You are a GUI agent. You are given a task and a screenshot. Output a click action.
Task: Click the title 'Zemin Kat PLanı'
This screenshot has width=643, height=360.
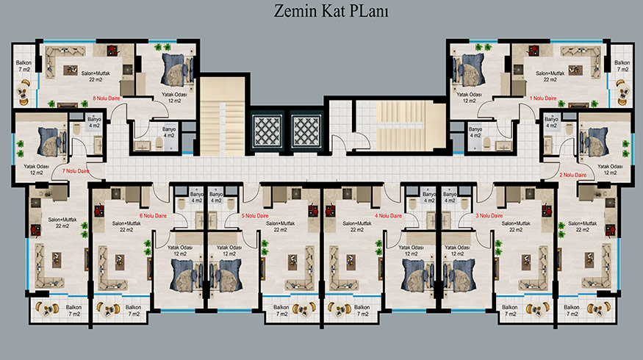click(x=331, y=11)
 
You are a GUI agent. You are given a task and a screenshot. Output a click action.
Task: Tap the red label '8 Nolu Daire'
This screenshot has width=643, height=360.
click(x=107, y=98)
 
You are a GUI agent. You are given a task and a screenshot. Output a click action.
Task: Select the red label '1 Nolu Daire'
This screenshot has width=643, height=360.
click(x=543, y=98)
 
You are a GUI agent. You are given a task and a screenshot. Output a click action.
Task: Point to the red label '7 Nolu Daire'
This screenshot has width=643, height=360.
click(x=76, y=171)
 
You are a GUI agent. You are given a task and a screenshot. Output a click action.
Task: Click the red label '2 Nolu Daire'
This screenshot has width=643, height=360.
click(x=573, y=175)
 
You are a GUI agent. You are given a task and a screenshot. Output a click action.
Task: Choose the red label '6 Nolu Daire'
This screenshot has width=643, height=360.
click(x=153, y=216)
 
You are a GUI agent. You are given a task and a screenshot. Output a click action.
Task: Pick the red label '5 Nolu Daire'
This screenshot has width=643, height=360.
click(x=255, y=216)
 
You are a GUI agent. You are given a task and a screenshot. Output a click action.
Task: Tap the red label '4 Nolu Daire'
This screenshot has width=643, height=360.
click(x=388, y=216)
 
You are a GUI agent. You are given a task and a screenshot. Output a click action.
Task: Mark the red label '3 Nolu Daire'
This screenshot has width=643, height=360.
click(x=489, y=216)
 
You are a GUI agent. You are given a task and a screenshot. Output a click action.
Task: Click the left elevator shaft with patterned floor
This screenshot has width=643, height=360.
click(x=267, y=132)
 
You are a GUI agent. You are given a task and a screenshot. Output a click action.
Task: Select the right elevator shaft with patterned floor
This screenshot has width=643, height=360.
click(x=306, y=132)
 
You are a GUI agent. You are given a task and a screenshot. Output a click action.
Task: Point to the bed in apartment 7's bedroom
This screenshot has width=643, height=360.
click(x=52, y=142)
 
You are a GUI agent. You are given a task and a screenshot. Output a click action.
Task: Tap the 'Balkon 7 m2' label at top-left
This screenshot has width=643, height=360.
click(x=24, y=66)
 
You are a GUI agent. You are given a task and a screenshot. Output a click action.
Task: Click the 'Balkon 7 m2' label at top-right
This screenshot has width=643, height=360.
click(x=622, y=66)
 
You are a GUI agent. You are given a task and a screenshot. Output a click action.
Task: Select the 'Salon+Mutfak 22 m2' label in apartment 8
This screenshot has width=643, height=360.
click(x=96, y=76)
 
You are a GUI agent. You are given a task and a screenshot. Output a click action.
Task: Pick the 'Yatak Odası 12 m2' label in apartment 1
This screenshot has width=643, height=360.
click(x=469, y=97)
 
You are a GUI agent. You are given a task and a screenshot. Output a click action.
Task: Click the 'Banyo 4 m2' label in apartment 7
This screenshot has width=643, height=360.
click(x=94, y=122)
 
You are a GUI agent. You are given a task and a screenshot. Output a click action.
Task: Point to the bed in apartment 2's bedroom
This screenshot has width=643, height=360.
click(x=593, y=142)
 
